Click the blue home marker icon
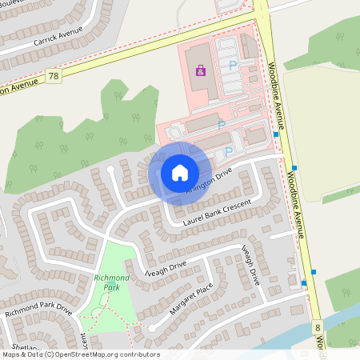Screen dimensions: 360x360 click(x=180, y=172)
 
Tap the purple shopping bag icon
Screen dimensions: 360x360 click(x=200, y=71)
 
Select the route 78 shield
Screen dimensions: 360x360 click(x=54, y=76)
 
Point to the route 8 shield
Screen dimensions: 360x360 click(x=318, y=327)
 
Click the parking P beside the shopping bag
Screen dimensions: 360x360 click(x=233, y=66)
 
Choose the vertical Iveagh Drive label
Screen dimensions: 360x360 click(x=250, y=266)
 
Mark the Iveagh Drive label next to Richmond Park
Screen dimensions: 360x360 click(x=163, y=266)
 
